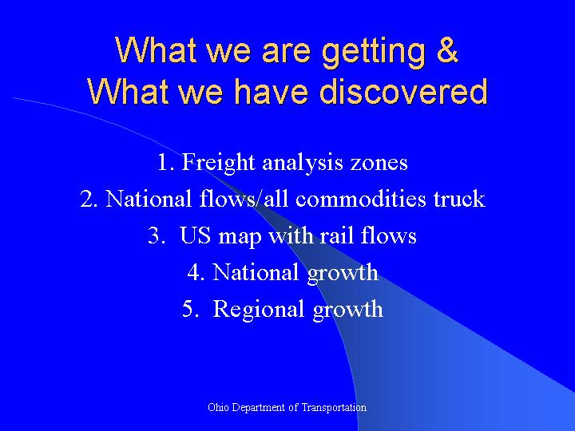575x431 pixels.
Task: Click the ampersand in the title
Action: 447,50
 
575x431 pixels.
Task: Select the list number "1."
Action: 165,163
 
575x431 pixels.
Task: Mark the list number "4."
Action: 196,273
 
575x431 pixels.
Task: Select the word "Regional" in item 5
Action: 260,310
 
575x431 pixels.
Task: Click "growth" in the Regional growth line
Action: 347,310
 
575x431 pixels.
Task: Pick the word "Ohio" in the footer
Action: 217,407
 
